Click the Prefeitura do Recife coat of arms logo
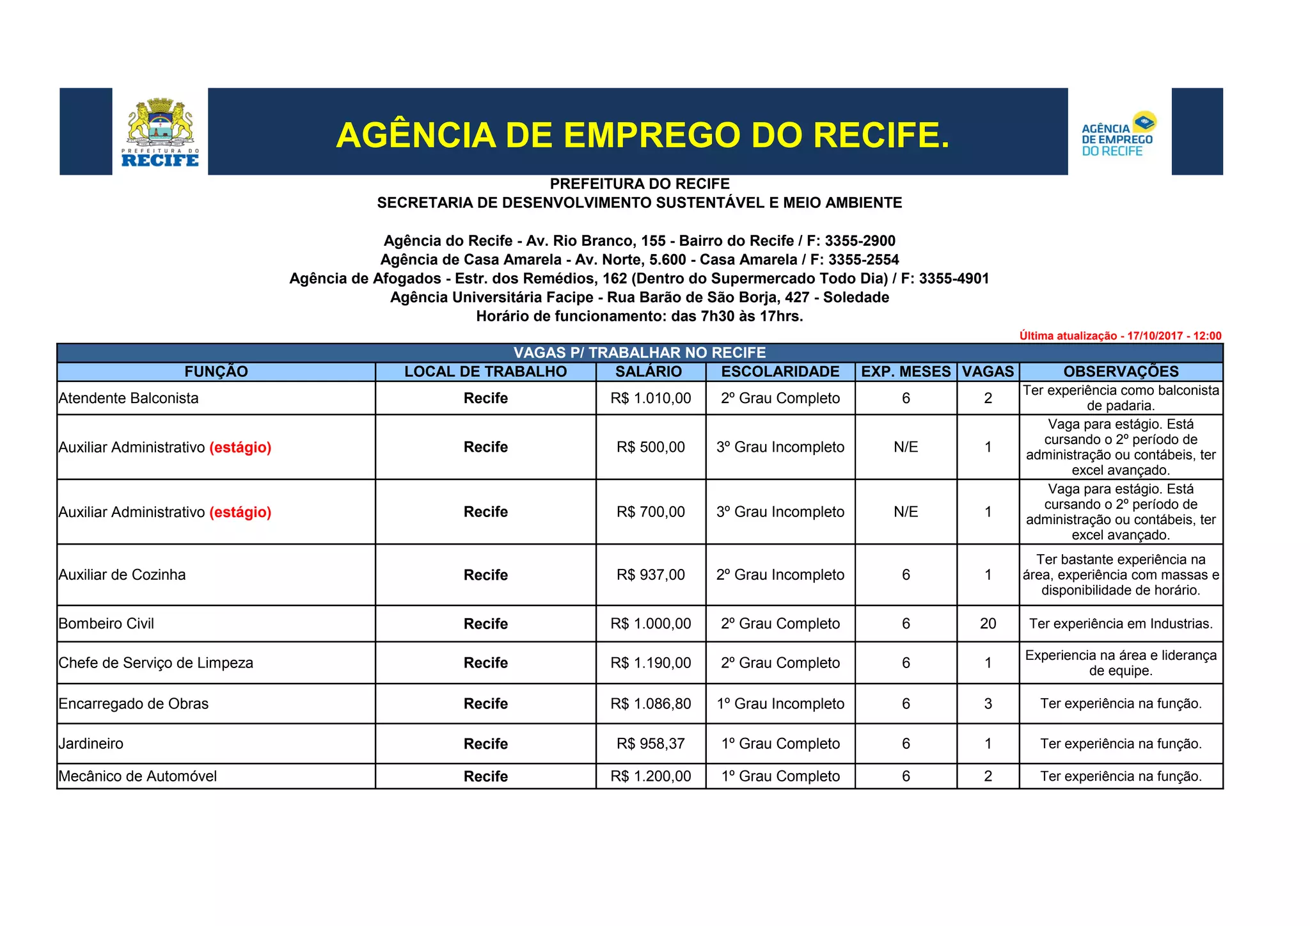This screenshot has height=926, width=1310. coord(160,132)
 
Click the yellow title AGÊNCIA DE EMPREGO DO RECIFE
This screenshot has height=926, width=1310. coord(642,135)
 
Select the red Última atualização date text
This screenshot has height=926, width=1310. coord(1120,336)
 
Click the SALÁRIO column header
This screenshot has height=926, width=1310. coord(649,372)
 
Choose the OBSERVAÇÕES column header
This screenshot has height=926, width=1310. coord(1121,372)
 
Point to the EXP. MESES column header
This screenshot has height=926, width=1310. coord(906,372)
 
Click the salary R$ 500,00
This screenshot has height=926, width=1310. coord(651,447)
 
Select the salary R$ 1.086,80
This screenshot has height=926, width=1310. coord(651,704)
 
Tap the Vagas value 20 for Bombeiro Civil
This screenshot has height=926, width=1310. coord(988,624)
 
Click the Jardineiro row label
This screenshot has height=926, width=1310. coord(91,744)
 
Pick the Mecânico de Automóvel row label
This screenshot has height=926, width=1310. coord(138,776)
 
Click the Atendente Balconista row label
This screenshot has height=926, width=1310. coord(129,398)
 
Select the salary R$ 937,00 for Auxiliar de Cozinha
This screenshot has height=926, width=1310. coord(651,575)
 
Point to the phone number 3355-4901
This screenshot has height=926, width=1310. coord(954,279)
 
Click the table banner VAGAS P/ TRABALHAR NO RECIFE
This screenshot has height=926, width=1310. coord(640,353)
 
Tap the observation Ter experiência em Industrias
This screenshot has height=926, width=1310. coord(1121,624)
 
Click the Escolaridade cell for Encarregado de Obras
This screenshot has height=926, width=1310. coord(780,704)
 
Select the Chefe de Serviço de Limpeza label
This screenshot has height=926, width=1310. coord(155,663)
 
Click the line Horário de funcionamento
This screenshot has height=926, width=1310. coord(640,316)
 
